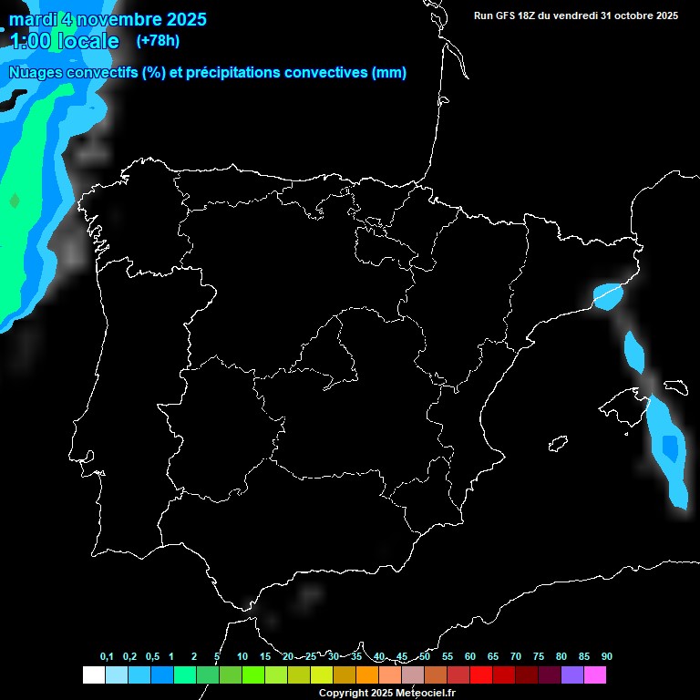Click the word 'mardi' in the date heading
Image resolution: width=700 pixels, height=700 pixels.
pyautogui.click(x=33, y=19)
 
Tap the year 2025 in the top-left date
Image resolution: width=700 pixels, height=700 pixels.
pyautogui.click(x=186, y=19)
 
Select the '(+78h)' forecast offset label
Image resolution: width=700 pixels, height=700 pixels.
pyautogui.click(x=158, y=40)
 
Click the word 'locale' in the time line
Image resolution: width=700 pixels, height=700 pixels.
pyautogui.click(x=87, y=41)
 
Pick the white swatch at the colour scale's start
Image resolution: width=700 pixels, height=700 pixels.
pyautogui.click(x=93, y=675)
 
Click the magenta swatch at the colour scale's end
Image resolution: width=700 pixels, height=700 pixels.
pyautogui.click(x=595, y=675)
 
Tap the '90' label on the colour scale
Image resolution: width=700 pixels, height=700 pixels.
pyautogui.click(x=606, y=656)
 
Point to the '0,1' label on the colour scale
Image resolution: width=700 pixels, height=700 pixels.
pyautogui.click(x=107, y=656)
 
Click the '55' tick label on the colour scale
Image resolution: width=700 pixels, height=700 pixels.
pyautogui.click(x=447, y=656)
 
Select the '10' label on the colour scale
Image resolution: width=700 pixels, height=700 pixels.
pyautogui.click(x=242, y=656)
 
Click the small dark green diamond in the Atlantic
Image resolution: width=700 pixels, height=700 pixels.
pyautogui.click(x=14, y=200)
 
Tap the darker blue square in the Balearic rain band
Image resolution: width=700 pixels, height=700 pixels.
pyautogui.click(x=670, y=447)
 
